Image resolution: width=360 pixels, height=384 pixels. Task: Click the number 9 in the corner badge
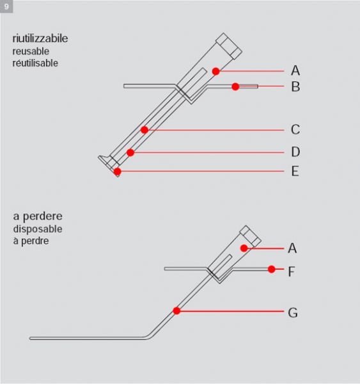pos(6,6)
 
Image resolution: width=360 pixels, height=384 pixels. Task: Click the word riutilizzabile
pos(40,38)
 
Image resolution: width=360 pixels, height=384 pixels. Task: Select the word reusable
pos(31,51)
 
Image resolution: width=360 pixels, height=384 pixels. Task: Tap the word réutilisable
pos(35,63)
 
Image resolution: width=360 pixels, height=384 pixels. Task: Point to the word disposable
pos(38,229)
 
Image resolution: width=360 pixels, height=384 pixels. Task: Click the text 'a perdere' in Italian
pos(38,216)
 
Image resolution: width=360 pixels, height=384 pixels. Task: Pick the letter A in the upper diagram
pos(295,70)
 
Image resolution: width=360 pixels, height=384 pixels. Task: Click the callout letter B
pos(295,86)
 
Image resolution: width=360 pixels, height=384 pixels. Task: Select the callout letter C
pos(295,129)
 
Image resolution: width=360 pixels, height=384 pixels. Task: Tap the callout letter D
pos(295,152)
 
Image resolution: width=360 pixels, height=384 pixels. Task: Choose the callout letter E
pos(295,171)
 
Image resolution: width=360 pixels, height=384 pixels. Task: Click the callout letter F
pos(291,271)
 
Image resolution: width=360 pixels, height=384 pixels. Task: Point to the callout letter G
pos(293,313)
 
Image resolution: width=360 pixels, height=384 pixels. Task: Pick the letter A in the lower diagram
pos(292,248)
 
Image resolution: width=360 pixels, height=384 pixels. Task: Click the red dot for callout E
pos(118,172)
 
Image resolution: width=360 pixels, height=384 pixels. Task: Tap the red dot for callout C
pos(145,130)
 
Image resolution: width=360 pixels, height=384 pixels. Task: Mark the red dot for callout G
pos(176,311)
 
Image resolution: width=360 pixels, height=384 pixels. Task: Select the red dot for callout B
pos(235,86)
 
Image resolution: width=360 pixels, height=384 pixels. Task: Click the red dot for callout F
pos(271,269)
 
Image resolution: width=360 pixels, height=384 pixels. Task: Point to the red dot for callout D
pos(130,152)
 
